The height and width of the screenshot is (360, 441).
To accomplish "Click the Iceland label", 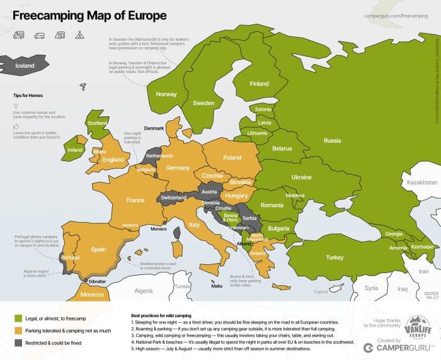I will (25, 65).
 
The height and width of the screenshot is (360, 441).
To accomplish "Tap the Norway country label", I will (166, 94).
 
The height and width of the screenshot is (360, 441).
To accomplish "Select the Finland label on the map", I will (259, 84).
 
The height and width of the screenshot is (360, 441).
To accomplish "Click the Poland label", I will (232, 157).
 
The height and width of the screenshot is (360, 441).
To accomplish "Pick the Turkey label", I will (335, 257).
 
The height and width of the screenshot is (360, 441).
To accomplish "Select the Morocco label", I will (92, 295).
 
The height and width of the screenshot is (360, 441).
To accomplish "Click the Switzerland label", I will (174, 198).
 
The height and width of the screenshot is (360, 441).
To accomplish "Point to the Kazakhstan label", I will (421, 182).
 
